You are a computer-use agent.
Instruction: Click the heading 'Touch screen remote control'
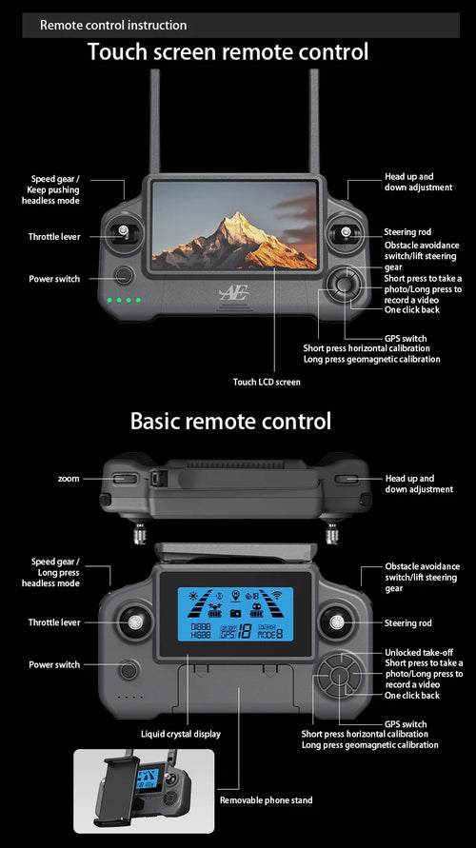click(228, 51)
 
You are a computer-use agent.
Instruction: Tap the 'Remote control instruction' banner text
click(113, 25)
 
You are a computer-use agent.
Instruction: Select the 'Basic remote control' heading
click(230, 421)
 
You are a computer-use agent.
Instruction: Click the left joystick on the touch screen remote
click(123, 232)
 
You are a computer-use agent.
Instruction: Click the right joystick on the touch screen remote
click(345, 232)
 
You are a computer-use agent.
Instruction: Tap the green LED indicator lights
click(125, 302)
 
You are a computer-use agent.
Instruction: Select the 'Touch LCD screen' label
click(267, 382)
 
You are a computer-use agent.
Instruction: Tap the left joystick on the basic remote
click(134, 623)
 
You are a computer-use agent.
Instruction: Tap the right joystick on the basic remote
click(336, 623)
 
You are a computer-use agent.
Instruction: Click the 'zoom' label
click(69, 479)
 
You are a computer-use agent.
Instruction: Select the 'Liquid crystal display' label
click(181, 734)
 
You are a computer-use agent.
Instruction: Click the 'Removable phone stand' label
click(266, 800)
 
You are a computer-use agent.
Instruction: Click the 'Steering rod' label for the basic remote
click(407, 623)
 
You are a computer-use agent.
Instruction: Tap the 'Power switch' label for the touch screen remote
click(54, 279)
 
